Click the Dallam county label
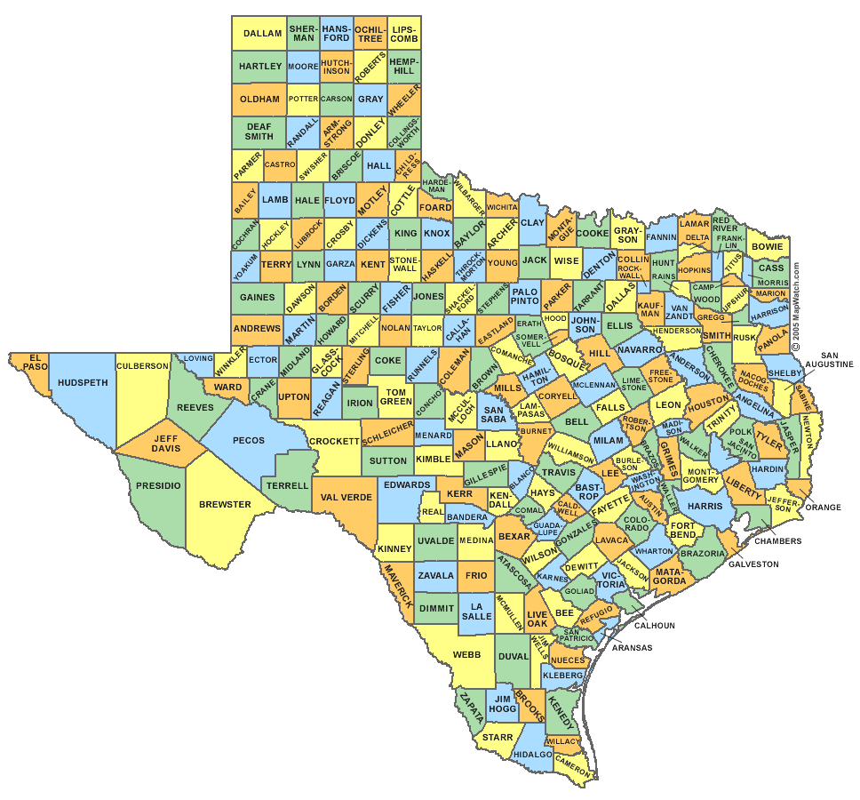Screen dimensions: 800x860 pyautogui.click(x=262, y=34)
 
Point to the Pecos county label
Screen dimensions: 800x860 pyautogui.click(x=248, y=441)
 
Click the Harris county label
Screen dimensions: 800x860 pyautogui.click(x=705, y=506)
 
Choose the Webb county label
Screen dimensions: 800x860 pyautogui.click(x=466, y=655)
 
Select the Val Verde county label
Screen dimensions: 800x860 pyautogui.click(x=346, y=498)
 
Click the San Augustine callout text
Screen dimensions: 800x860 pyautogui.click(x=830, y=359)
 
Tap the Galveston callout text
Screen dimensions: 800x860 pyautogui.click(x=753, y=564)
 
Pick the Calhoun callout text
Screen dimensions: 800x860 pyautogui.click(x=655, y=625)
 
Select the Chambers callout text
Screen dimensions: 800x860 pyautogui.click(x=778, y=540)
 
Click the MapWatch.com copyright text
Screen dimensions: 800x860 pyautogui.click(x=797, y=307)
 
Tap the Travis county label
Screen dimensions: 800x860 pyautogui.click(x=560, y=472)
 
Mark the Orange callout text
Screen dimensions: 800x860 pyautogui.click(x=824, y=507)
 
